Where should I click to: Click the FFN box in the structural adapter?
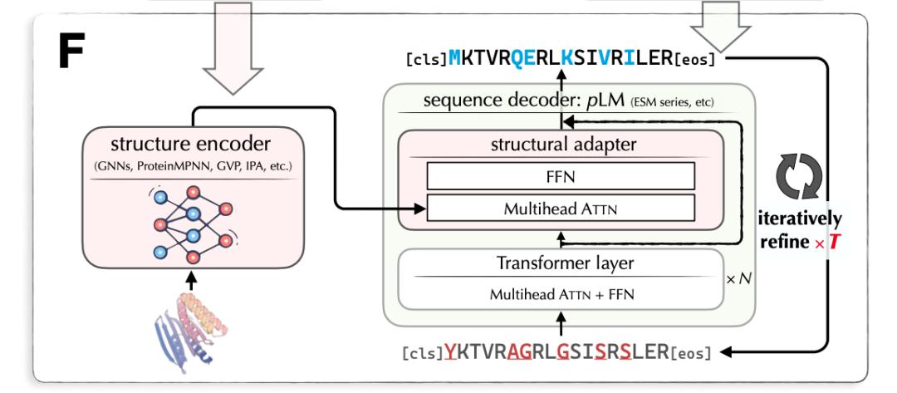pyautogui.click(x=561, y=175)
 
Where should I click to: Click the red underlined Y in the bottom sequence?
pyautogui.click(x=449, y=351)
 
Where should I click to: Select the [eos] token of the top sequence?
pyautogui.click(x=694, y=60)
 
